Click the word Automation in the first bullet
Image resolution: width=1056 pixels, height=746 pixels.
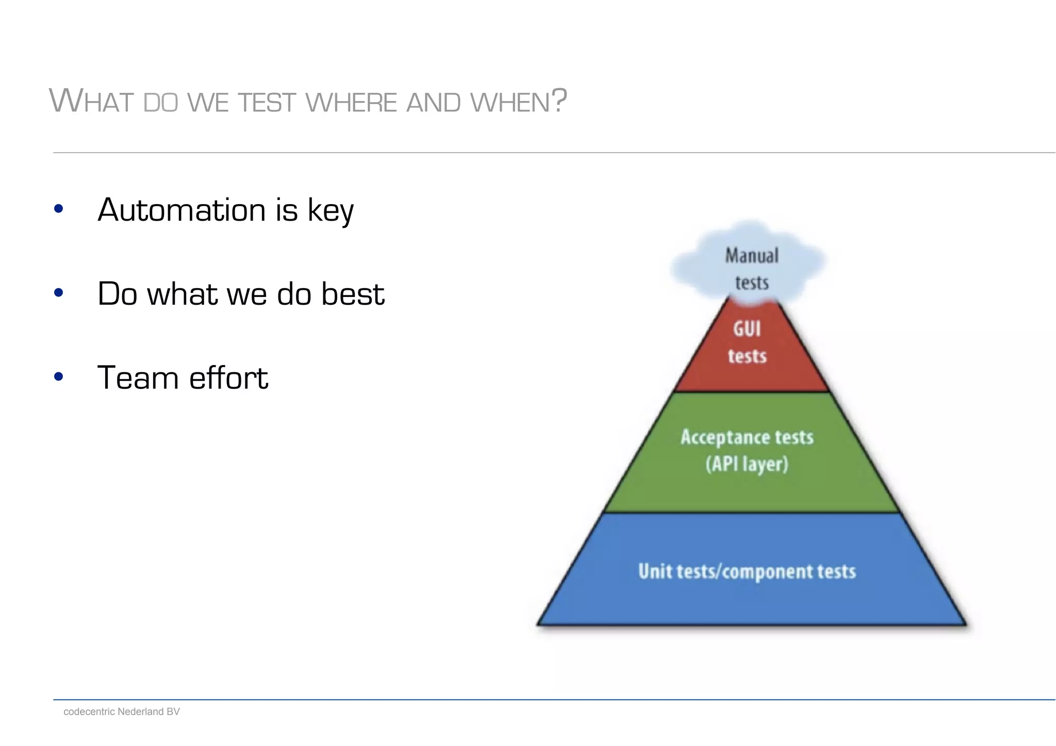pos(181,210)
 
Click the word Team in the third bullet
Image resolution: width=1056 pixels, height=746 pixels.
pos(137,377)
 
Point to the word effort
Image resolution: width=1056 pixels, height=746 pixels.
pos(228,377)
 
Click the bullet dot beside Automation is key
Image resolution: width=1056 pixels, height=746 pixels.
pos(58,209)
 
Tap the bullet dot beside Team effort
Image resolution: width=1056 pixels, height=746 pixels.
pos(58,377)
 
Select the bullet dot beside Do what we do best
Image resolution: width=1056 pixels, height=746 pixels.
pos(58,293)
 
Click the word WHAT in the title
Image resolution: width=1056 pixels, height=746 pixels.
pos(92,101)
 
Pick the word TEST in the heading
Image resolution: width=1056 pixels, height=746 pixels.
pos(267,102)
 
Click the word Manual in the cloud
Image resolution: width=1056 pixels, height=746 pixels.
pos(752,256)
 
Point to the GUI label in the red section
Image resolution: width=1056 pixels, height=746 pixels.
pos(747,329)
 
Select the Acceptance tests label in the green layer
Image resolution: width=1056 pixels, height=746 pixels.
pos(747,437)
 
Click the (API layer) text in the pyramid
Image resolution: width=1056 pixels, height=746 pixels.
pos(747,464)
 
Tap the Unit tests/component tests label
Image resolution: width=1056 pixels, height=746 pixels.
pos(747,571)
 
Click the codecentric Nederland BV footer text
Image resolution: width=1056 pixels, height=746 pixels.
pos(122,711)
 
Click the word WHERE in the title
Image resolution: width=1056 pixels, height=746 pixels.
pos(351,102)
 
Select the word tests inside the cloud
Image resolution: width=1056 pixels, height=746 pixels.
pos(752,283)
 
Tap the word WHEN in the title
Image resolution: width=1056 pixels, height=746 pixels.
pos(510,102)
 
